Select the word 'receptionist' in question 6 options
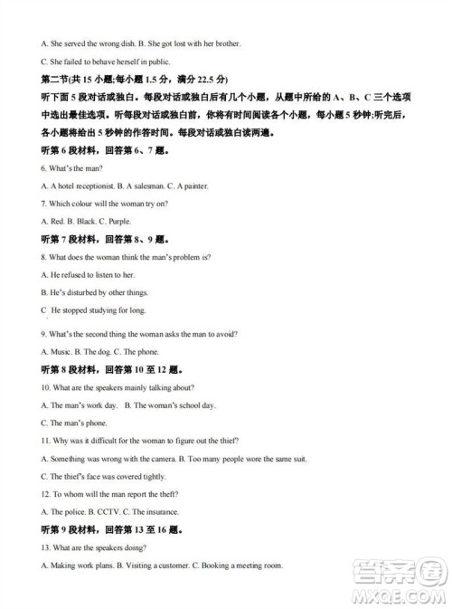tap(101, 186)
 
